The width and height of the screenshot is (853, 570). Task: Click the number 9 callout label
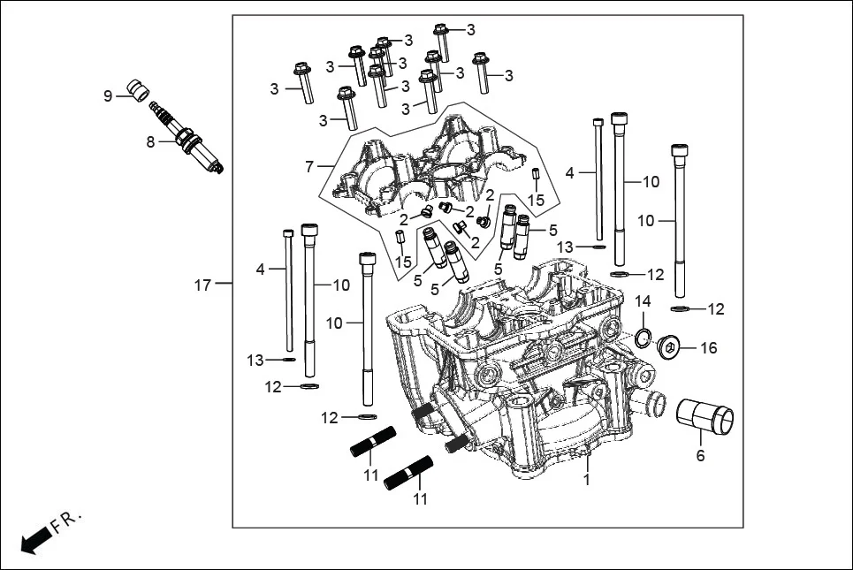pyautogui.click(x=108, y=95)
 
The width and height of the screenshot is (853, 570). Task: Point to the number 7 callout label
pyautogui.click(x=309, y=166)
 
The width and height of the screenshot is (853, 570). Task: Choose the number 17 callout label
pyautogui.click(x=202, y=285)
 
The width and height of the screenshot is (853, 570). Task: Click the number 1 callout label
pyautogui.click(x=584, y=480)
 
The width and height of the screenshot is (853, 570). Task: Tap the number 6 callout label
pyautogui.click(x=701, y=456)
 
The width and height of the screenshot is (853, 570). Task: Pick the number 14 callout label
pyautogui.click(x=643, y=301)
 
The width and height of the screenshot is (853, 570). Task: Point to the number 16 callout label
pyautogui.click(x=709, y=348)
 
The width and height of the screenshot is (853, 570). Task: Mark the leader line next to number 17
pyautogui.click(x=223, y=284)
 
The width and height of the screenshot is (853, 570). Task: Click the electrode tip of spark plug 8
pyautogui.click(x=217, y=166)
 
